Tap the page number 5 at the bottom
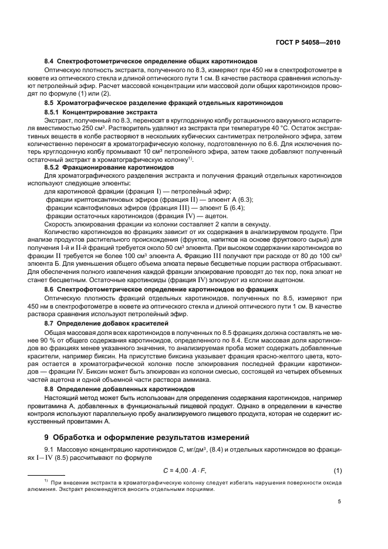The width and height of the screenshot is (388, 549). tap(339, 501)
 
